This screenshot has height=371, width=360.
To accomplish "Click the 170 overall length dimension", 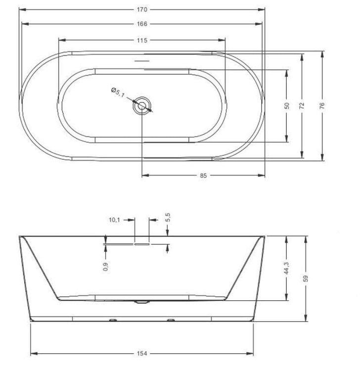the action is click(x=142, y=9).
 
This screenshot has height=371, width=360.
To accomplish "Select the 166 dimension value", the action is click(x=142, y=24).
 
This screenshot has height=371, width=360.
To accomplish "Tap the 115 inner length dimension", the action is click(x=142, y=40).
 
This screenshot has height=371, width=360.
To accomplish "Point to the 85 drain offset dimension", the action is click(x=203, y=176).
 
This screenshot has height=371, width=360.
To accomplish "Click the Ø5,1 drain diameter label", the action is click(x=118, y=92).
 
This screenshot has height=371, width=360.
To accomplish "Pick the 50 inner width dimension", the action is click(x=286, y=106).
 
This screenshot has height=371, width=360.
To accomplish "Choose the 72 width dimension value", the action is click(x=302, y=106).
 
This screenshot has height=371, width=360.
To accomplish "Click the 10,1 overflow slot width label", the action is click(x=114, y=220).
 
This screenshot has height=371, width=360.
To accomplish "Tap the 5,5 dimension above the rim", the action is click(x=168, y=217).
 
